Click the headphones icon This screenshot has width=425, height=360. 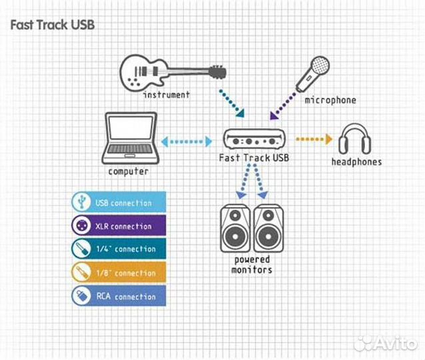(356, 139)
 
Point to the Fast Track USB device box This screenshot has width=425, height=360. (253, 140)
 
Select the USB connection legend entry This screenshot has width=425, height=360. (119, 203)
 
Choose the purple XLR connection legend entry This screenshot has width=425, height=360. (119, 226)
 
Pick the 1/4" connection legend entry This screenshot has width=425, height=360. (119, 249)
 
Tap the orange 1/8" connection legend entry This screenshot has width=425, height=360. (119, 273)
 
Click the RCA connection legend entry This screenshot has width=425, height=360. (119, 296)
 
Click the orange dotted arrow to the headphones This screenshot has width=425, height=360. (313, 139)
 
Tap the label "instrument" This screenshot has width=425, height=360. (167, 95)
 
